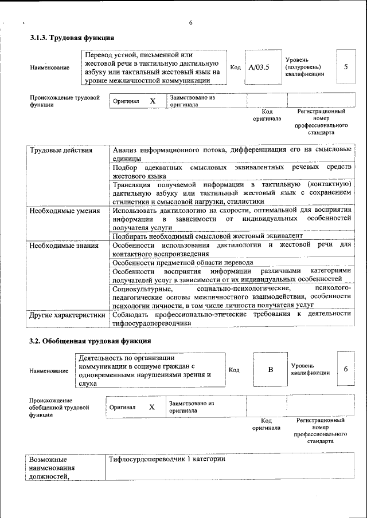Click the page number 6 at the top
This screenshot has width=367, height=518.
point(191,23)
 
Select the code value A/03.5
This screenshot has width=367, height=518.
point(259,67)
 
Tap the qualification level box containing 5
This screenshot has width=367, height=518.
point(345,67)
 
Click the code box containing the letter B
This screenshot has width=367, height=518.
point(271,369)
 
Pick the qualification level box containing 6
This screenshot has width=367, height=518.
point(346,369)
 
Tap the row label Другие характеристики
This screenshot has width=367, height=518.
point(67,315)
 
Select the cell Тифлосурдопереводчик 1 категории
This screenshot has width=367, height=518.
point(166,460)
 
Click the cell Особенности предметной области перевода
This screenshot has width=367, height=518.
point(182,262)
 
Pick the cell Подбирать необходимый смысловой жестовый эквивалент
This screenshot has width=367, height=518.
point(207,236)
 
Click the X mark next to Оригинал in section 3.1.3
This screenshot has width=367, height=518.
point(153,101)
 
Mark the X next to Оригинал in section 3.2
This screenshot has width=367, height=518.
point(152,407)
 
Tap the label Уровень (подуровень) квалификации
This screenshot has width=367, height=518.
point(304,67)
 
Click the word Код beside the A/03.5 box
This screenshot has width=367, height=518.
point(235,67)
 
